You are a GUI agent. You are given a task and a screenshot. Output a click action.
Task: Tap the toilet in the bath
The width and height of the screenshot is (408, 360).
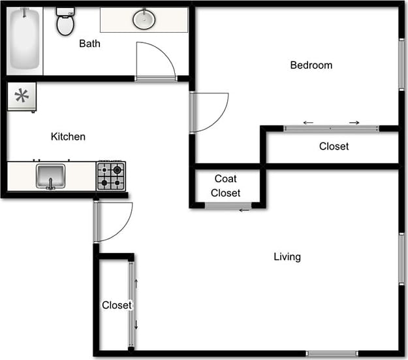pyautogui.click(x=65, y=22)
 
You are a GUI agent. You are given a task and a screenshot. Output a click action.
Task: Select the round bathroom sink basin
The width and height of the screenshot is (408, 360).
pyautogui.click(x=144, y=20)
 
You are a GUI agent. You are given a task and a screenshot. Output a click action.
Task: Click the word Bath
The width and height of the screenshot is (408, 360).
pyautogui.click(x=89, y=44)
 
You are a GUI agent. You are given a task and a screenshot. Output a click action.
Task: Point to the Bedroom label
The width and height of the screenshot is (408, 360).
pyautogui.click(x=311, y=65)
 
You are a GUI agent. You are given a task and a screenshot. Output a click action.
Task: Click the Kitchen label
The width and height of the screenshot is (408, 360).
pyautogui.click(x=68, y=137)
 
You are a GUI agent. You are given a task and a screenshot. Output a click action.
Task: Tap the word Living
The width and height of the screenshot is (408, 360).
pyautogui.click(x=287, y=257)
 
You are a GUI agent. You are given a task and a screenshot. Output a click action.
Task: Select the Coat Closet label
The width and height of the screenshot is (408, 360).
pyautogui.click(x=226, y=186)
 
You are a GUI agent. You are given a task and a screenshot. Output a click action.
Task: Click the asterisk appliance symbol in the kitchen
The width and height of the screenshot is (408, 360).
pyautogui.click(x=22, y=97)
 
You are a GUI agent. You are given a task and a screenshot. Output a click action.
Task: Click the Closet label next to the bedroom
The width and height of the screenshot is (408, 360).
pyautogui.click(x=334, y=146)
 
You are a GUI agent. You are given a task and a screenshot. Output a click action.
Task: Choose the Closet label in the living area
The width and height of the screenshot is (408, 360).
pyautogui.click(x=116, y=305)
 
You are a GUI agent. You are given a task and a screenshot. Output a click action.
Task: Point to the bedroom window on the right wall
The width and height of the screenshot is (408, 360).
pyautogui.click(x=401, y=64)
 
